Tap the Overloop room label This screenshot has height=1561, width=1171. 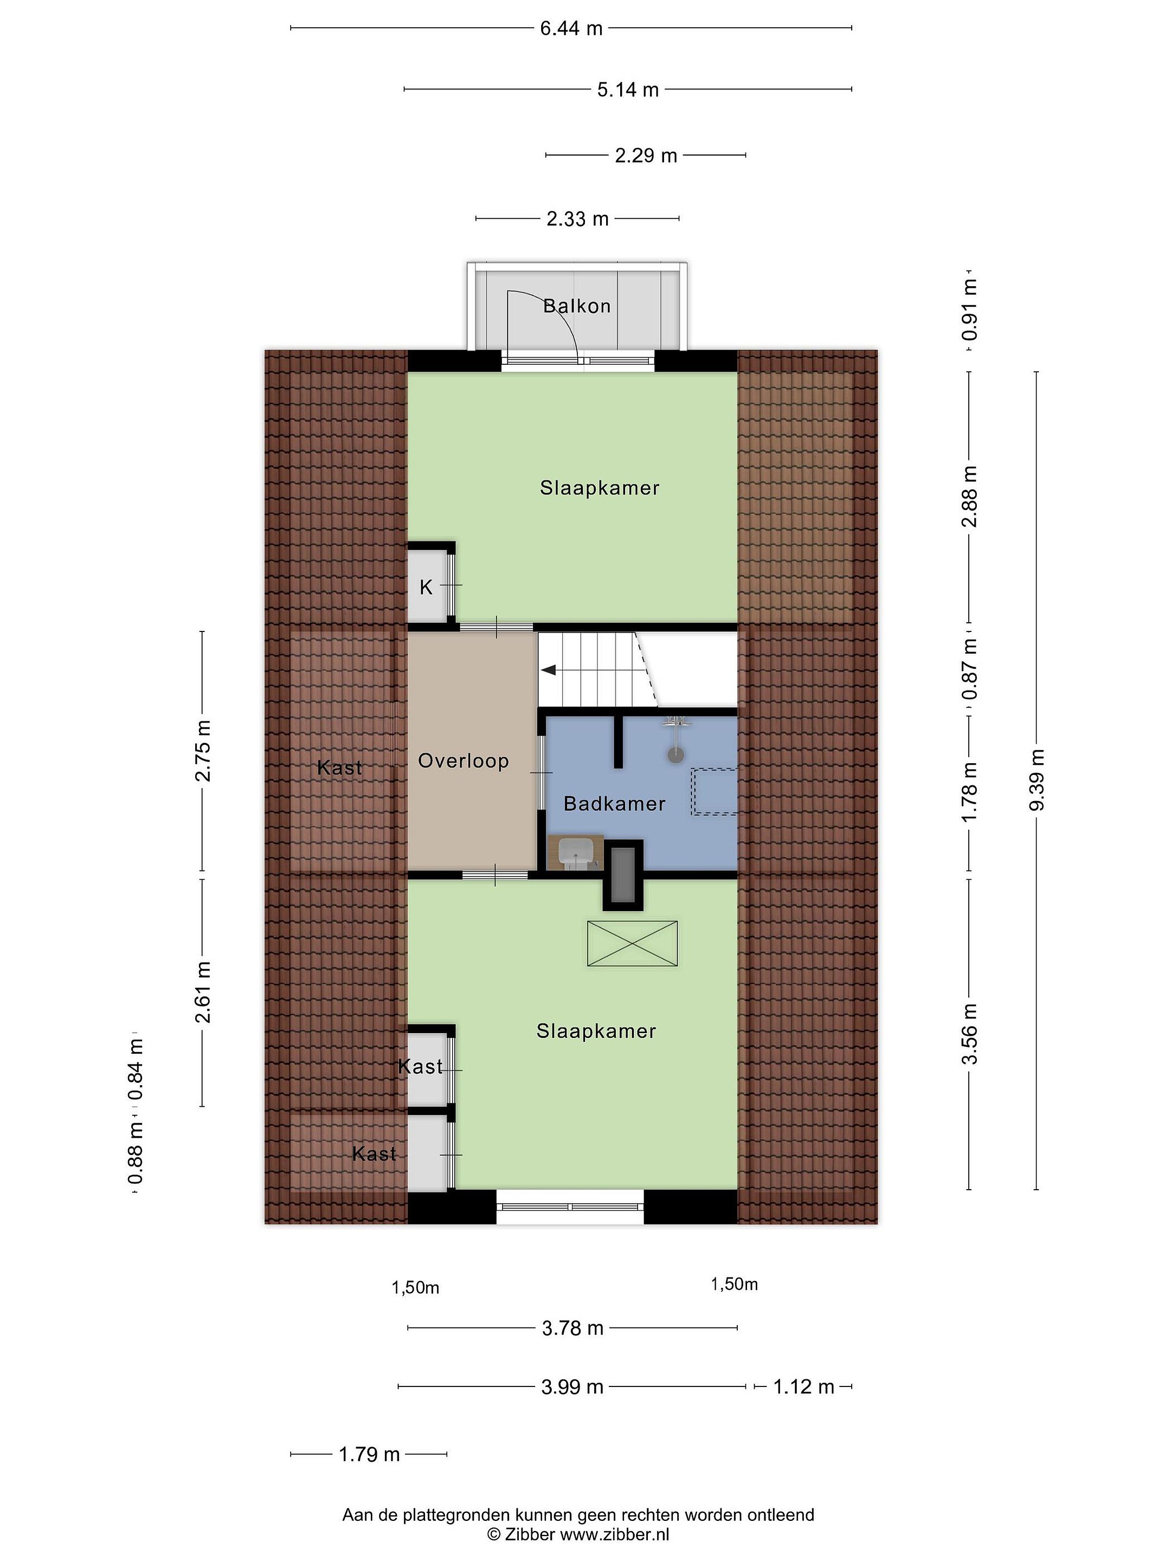coord(463,761)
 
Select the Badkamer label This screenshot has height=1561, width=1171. coord(614,803)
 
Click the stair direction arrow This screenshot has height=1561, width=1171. coord(549,670)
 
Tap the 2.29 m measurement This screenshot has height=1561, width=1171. coord(645,155)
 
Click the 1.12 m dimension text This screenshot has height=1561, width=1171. coord(803,1386)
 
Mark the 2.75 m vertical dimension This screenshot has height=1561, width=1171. coord(203,751)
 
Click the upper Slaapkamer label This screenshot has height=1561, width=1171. coord(599,488)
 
